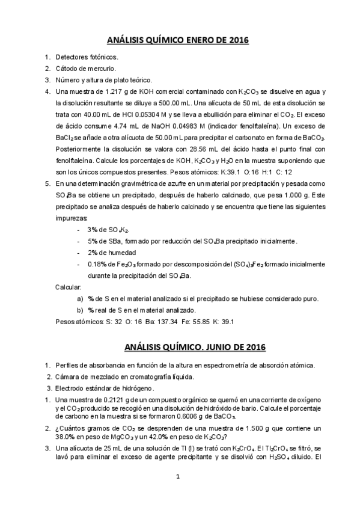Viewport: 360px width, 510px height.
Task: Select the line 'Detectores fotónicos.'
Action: [87, 57]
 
